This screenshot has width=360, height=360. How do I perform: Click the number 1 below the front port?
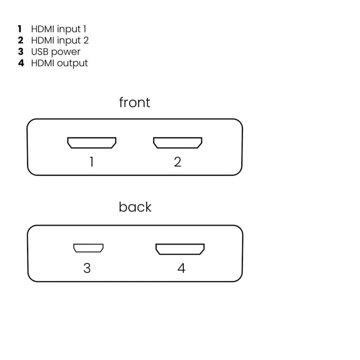click(91, 162)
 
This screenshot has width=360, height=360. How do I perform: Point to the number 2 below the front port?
click(178, 162)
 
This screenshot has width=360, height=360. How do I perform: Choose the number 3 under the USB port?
click(87, 268)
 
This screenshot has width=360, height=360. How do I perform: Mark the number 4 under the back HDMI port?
click(181, 268)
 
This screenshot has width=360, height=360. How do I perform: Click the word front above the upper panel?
click(135, 102)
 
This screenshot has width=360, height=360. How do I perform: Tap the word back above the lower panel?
click(135, 207)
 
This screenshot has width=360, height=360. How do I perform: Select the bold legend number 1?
click(20, 29)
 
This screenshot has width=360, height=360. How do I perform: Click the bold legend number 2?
click(21, 40)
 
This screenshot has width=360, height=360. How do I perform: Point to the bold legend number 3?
click(21, 52)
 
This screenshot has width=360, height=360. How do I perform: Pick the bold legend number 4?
click(21, 63)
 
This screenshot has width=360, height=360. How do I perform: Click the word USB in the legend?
click(40, 52)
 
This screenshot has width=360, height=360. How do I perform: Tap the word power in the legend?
click(66, 52)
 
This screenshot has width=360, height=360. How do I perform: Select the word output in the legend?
click(72, 64)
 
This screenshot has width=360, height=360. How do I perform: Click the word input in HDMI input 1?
click(69, 30)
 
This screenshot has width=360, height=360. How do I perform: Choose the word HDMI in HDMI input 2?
click(43, 40)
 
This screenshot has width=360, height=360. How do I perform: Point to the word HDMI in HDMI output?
click(43, 63)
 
